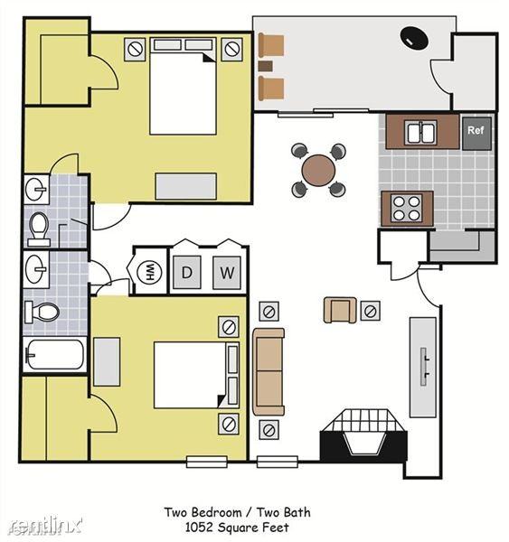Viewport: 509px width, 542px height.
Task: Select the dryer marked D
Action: [187, 272]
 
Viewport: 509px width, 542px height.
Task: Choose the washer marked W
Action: [227, 272]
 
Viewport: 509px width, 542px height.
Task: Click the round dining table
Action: [319, 169]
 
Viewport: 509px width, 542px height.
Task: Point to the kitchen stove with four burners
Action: [406, 208]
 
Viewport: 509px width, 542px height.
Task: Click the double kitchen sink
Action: [421, 133]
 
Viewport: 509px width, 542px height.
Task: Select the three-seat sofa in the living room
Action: [269, 371]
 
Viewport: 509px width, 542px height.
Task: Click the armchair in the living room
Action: [340, 310]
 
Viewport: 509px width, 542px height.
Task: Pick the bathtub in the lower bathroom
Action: [54, 354]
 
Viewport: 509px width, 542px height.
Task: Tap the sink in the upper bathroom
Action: [36, 190]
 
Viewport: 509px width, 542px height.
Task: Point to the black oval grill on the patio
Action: [415, 37]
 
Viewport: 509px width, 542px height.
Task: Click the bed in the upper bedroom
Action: [184, 93]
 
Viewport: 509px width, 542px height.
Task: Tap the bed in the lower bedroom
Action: [191, 374]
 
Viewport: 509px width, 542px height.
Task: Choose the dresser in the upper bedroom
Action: [185, 185]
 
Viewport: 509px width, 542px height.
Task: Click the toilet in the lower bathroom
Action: [42, 312]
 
